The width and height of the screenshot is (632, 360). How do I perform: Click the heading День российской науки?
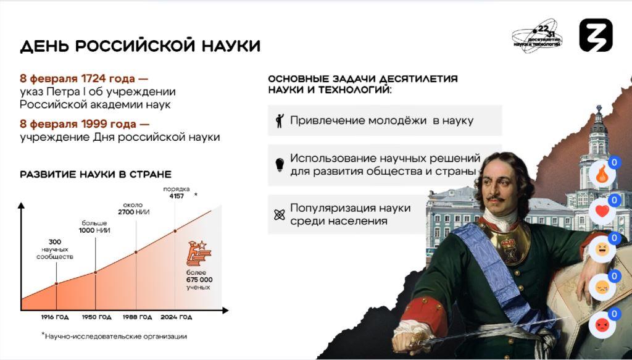click(140, 46)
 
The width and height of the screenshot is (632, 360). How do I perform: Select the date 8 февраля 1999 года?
click(81, 123)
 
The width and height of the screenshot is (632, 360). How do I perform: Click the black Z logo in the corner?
click(596, 35)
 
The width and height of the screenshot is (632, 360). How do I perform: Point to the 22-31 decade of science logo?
click(538, 36)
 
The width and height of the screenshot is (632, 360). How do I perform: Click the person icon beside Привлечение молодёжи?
click(280, 121)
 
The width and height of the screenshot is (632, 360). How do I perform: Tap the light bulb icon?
click(280, 165)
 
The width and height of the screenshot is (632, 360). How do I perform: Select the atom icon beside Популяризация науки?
click(280, 215)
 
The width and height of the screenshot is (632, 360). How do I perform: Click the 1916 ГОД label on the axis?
click(55, 317)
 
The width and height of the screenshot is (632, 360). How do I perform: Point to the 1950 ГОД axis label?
click(97, 317)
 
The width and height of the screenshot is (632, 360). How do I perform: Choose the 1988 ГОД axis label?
click(138, 317)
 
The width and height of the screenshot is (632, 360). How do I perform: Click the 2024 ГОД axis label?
click(177, 317)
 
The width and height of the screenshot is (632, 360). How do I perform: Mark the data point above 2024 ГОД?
click(175, 231)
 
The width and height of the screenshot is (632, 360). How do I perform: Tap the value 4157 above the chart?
click(177, 196)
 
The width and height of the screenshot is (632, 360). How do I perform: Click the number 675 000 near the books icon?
click(199, 280)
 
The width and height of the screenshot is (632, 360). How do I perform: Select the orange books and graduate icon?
click(199, 253)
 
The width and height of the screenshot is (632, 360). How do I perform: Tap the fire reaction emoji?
click(602, 175)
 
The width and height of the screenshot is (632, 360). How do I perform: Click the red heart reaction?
click(602, 212)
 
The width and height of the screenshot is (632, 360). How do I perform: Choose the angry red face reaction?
click(602, 325)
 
